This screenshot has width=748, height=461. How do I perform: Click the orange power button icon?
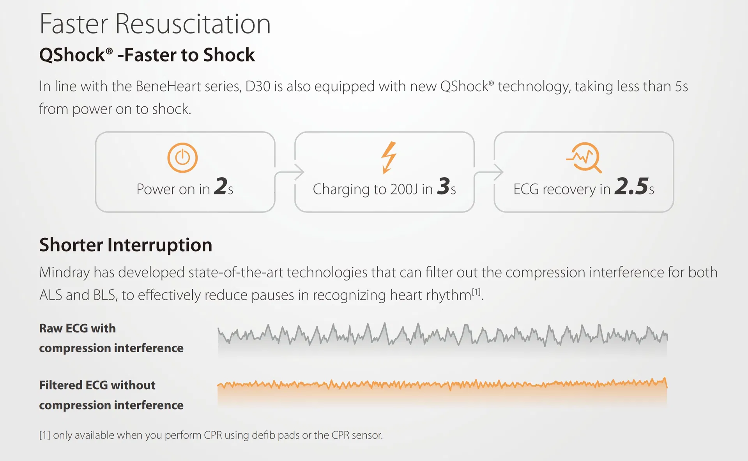(x=182, y=158)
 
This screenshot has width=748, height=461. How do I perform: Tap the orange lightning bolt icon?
(x=389, y=157)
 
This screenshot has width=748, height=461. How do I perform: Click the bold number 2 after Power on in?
(x=221, y=186)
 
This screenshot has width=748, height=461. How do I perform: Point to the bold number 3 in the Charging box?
(x=444, y=186)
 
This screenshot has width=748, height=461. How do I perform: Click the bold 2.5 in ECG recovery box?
(x=631, y=186)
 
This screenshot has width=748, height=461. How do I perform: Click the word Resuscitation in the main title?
(x=193, y=24)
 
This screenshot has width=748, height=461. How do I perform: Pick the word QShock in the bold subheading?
(x=72, y=55)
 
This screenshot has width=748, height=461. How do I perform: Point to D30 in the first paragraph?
(x=258, y=86)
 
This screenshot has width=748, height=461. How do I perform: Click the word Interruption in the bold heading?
(x=160, y=245)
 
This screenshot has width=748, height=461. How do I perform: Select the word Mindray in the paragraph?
(x=64, y=272)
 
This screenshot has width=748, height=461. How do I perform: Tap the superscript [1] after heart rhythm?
(x=476, y=291)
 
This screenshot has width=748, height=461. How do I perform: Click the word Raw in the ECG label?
(x=51, y=328)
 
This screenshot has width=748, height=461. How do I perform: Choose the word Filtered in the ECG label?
(x=60, y=385)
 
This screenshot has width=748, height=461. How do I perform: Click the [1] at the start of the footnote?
(x=45, y=435)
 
